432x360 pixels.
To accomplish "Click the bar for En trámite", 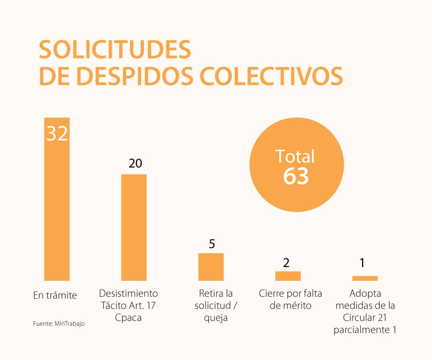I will pos(57,208).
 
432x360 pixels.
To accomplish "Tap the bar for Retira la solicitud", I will pos(211,267).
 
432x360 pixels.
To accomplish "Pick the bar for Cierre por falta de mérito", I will pos(288,276).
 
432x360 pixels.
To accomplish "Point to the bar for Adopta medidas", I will pos(365,278).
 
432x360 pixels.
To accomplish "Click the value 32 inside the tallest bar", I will pos(57,134).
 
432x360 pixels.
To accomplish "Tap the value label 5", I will pos(212,244).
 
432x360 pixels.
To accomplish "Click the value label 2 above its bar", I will pos(286,263).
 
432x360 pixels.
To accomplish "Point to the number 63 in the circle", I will pos(296,176).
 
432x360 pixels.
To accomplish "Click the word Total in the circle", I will pos(295,156).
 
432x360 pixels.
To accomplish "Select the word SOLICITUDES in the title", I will pos(115,50).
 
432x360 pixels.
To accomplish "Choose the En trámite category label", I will pos(55,296).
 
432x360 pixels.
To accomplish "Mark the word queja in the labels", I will pos(216,318).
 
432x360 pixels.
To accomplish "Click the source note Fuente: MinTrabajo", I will pos(59,324).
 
